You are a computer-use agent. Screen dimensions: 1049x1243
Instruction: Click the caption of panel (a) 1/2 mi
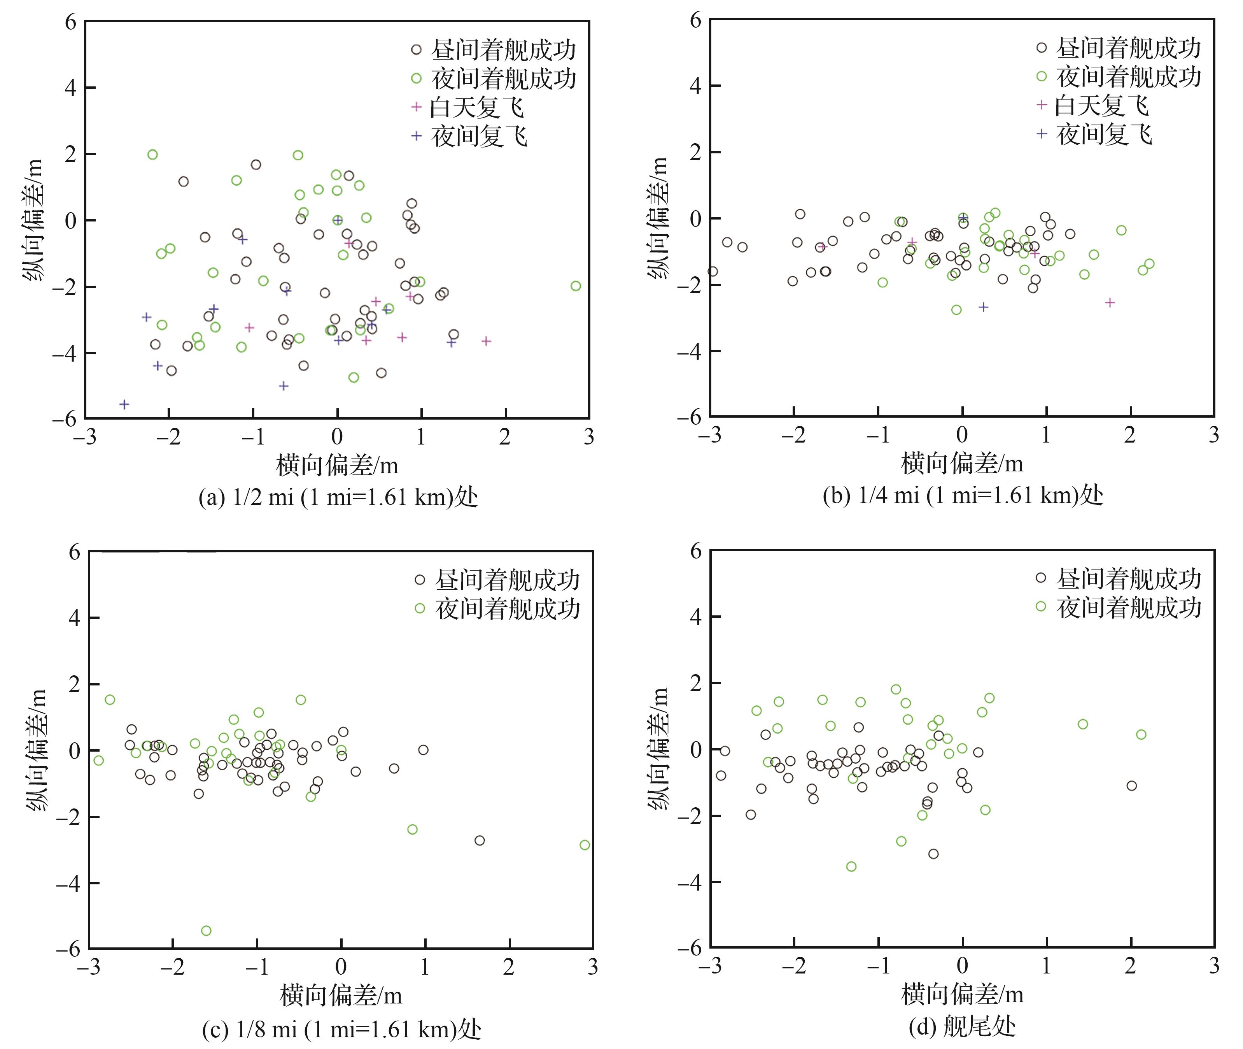[338, 497]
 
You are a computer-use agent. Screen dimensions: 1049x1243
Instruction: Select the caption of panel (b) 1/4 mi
[963, 495]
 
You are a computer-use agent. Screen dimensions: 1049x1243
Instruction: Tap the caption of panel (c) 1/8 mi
[341, 1028]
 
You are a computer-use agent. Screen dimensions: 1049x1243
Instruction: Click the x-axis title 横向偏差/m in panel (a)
[337, 465]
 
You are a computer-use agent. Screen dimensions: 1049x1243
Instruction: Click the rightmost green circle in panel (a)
[575, 286]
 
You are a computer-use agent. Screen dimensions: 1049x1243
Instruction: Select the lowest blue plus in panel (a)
[124, 404]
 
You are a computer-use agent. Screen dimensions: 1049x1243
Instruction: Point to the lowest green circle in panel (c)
[206, 931]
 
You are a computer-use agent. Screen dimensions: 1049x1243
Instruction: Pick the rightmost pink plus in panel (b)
[1109, 303]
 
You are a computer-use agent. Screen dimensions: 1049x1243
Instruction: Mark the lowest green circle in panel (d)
[851, 866]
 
